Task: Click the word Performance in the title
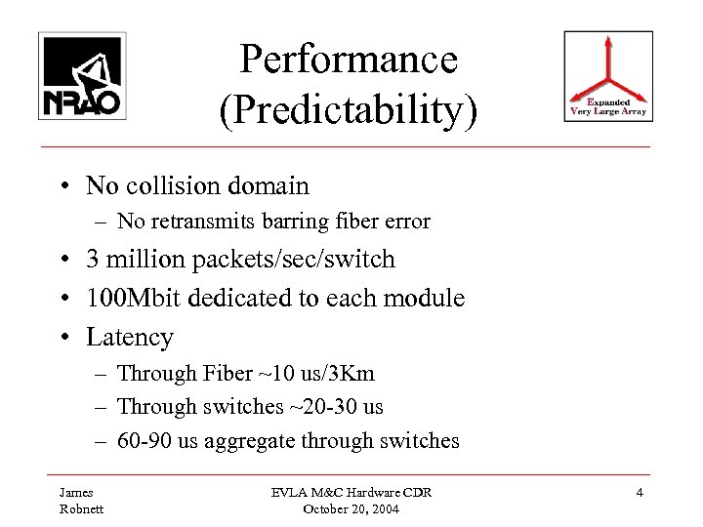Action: (350, 60)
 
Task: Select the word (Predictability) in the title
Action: (350, 110)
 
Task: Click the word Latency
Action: (130, 337)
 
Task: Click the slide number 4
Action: (639, 493)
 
